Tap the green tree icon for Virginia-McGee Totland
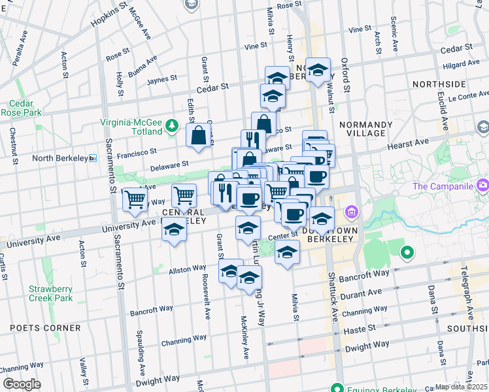coord(172,125)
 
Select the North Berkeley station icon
coord(93,158)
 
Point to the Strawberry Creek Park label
coord(50,293)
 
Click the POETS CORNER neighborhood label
coord(41,328)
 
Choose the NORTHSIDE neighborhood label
coord(439,85)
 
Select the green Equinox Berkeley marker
coord(337,386)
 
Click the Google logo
coord(22,384)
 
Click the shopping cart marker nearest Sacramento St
coord(135,199)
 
